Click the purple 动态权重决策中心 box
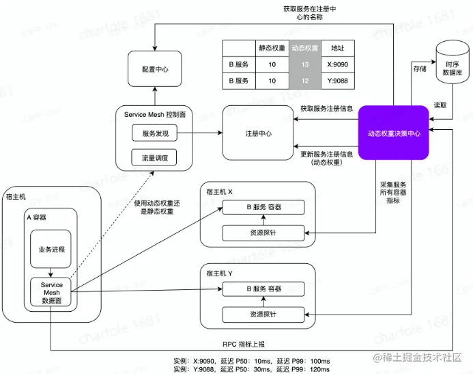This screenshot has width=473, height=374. coord(394,133)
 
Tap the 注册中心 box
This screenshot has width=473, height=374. coord(258,133)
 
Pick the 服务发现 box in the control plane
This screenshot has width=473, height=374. coord(154,132)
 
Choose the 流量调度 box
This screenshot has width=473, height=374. coord(154,158)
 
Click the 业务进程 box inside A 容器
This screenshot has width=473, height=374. coord(51,249)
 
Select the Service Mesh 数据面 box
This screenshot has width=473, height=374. coord(52,293)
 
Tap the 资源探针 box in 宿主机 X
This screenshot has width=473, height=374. coord(266,232)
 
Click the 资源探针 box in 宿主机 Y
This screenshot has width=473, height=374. coord(266,315)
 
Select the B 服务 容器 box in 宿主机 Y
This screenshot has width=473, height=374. coord(266,289)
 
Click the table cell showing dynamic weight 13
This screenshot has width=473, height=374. coord(304,64)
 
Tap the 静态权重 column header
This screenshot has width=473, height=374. coord(271,48)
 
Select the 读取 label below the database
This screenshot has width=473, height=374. coord(440,106)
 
